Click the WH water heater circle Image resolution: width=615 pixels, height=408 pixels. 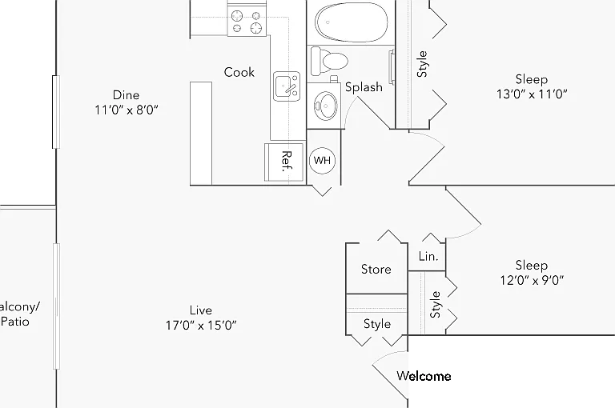tap(322, 160)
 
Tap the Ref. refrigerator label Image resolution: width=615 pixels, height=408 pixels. tap(287, 162)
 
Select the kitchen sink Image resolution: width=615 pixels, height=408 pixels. tap(287, 86)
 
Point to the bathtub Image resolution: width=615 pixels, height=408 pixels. tap(352, 22)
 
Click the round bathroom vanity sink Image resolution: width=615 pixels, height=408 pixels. tap(326, 106)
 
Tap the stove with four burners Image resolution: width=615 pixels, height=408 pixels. tap(247, 22)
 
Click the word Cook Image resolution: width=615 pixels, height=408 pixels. tap(239, 72)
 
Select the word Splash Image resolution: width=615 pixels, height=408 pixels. tap(364, 87)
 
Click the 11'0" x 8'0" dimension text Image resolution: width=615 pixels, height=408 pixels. tap(127, 110)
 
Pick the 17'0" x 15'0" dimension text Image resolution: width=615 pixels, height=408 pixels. tap(201, 326)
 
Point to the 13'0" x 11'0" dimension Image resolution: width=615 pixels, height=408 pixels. tap(532, 94)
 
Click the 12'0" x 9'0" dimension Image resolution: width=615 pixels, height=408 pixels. tap(532, 280)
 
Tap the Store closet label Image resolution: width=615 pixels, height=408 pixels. tap(376, 270)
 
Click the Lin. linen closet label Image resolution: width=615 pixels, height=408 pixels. tap(428, 257)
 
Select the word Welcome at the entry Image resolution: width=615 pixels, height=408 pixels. tap(424, 376)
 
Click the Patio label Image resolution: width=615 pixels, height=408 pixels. tap(15, 322)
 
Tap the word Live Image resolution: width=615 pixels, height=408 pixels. tap(201, 310)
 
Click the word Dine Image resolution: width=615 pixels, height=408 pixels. tap(126, 95)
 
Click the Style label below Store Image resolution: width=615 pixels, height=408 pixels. tap(377, 324)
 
